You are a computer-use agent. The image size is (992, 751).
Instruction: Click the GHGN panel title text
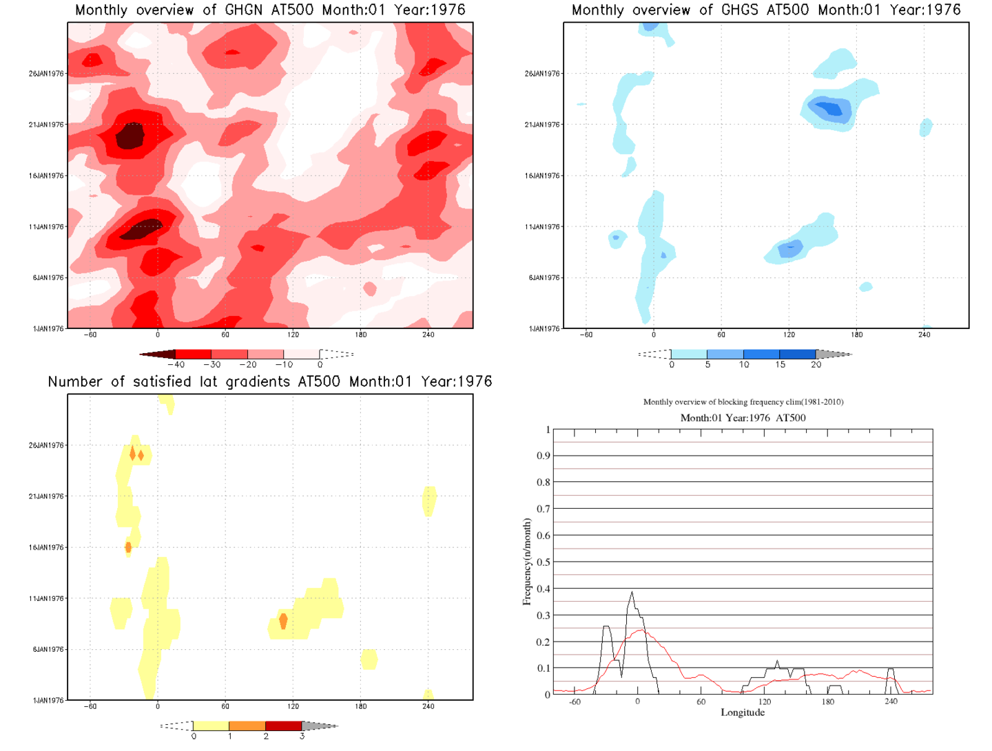(270, 10)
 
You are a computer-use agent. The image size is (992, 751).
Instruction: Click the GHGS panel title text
(766, 10)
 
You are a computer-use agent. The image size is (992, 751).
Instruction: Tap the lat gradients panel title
(270, 382)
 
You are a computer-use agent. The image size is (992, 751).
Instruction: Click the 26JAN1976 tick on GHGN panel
(46, 74)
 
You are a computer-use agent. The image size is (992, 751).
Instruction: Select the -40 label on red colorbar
(176, 365)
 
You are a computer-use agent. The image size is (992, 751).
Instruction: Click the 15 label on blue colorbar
(780, 365)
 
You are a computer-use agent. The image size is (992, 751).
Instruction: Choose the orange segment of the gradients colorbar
(247, 726)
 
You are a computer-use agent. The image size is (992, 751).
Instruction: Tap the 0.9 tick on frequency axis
(544, 456)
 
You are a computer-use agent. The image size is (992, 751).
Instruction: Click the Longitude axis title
(743, 712)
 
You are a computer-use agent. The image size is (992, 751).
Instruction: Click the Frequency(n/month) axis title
(527, 562)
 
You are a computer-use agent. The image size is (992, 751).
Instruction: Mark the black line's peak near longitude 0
(632, 592)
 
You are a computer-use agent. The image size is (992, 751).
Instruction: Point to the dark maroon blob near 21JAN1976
(130, 136)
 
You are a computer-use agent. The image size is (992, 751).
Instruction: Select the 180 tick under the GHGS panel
(856, 335)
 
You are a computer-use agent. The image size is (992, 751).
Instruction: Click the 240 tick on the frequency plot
(891, 702)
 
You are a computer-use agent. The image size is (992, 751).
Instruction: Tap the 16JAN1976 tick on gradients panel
(46, 548)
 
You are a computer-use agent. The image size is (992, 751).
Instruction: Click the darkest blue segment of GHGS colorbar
(798, 355)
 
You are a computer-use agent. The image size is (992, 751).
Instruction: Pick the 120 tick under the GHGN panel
(293, 335)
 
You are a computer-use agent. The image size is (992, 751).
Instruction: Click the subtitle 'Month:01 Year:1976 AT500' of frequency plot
(743, 418)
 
